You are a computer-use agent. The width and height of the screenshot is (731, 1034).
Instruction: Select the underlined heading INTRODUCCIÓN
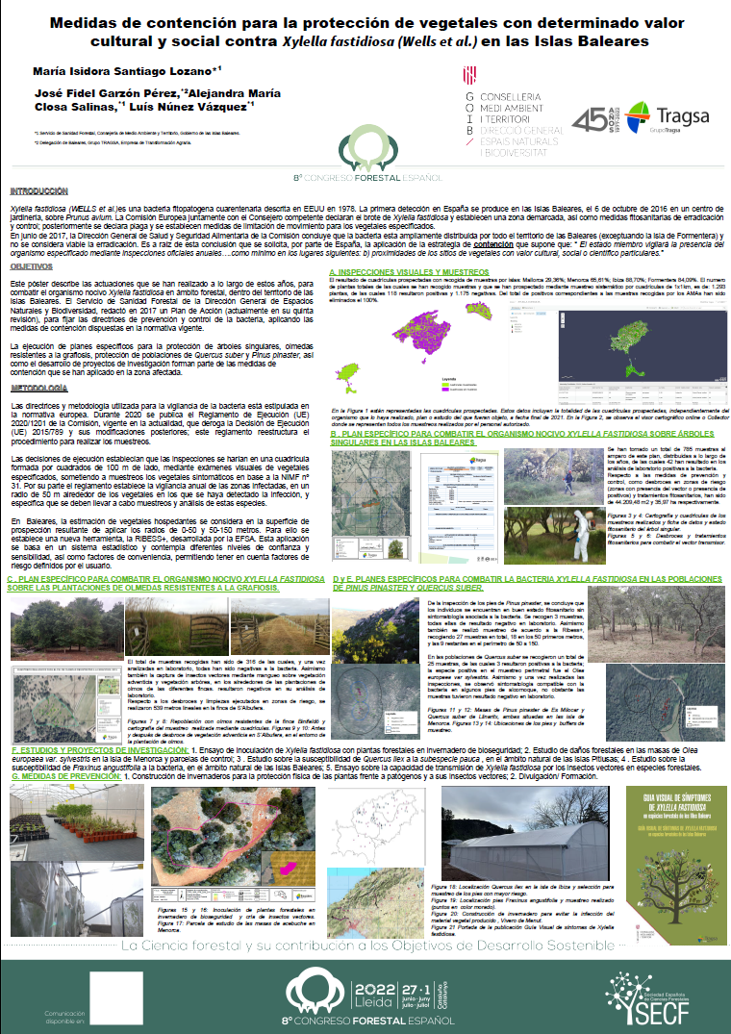point(39,191)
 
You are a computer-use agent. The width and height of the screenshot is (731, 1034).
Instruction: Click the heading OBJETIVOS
point(30,265)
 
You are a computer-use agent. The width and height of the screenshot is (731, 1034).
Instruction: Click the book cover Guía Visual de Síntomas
point(673,837)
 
